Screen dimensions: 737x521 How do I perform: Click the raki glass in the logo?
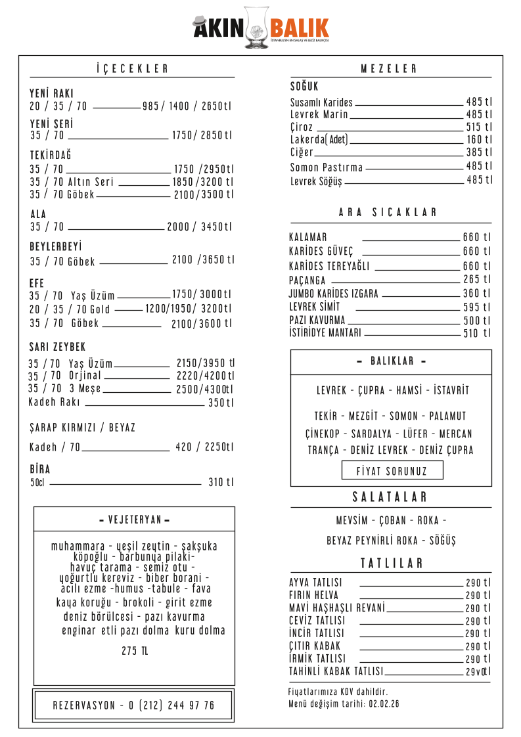[x=256, y=28]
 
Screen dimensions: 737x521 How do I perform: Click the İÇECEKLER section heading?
[x=132, y=69]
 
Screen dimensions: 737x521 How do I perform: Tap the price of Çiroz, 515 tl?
[x=478, y=127]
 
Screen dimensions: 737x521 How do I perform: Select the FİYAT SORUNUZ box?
[x=392, y=471]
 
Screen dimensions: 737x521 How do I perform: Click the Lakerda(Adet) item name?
[x=320, y=139]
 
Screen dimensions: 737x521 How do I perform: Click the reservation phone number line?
[x=133, y=705]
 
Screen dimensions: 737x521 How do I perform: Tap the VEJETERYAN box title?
[x=134, y=520]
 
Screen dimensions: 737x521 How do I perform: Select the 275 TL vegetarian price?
[x=135, y=651]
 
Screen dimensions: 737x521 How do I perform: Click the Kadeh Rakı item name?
[x=55, y=402]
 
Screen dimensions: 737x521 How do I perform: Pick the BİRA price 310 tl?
[x=221, y=483]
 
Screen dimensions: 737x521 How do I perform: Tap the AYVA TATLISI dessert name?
[x=315, y=583]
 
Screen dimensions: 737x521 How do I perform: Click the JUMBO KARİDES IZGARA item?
[x=333, y=294]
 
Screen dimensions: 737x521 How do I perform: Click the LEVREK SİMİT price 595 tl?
[x=477, y=307]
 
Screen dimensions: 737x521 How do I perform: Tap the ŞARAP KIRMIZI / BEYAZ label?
[x=82, y=428]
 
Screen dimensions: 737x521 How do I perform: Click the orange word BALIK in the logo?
[x=299, y=28]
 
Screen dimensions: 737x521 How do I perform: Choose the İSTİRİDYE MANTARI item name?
[x=325, y=333]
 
